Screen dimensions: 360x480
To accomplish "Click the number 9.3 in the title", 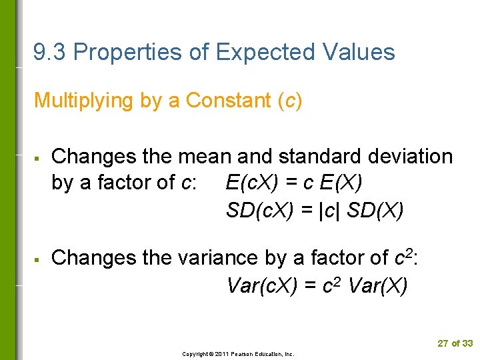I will point(50,52).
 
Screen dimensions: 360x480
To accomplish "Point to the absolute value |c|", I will point(329,211).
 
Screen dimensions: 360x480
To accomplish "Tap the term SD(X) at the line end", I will point(376,211).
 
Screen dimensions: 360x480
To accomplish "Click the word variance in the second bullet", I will point(216,257).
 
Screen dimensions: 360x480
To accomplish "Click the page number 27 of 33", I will point(455,343).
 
